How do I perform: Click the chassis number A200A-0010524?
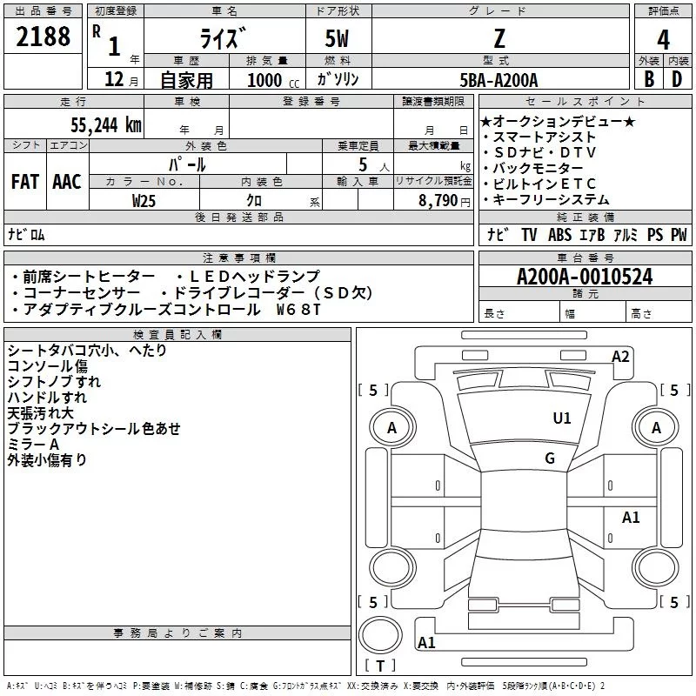(x=584, y=278)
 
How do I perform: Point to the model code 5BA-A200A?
(x=499, y=80)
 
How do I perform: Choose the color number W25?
(x=144, y=200)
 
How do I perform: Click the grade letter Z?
(x=499, y=39)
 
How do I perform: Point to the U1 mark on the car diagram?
(x=562, y=418)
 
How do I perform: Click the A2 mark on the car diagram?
(x=620, y=356)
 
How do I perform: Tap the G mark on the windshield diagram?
(x=550, y=458)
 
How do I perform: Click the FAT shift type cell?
(x=25, y=181)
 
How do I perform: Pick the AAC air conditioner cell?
(x=67, y=181)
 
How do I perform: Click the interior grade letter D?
(x=676, y=80)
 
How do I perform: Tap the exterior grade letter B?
(x=648, y=80)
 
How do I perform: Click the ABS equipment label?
(x=559, y=235)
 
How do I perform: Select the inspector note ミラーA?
(x=33, y=444)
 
